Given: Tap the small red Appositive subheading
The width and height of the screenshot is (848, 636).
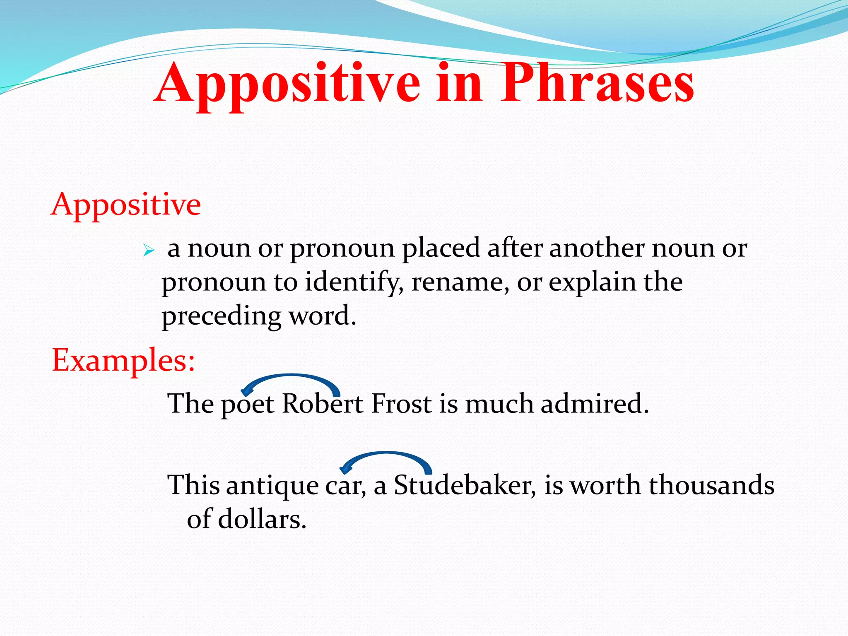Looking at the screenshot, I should coord(126,205).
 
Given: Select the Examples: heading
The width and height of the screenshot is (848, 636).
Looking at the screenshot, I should coord(123,360).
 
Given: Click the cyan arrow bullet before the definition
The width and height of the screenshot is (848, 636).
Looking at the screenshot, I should coord(148,251).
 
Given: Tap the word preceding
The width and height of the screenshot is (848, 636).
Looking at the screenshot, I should coord(221,317).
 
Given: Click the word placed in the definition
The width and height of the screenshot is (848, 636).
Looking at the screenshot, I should coord(441,249).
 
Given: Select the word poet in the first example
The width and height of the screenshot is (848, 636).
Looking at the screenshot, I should coord(247,404).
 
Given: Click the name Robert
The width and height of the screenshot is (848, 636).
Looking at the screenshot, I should coord(323,403).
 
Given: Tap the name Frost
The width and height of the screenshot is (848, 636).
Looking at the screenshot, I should coord(401,403).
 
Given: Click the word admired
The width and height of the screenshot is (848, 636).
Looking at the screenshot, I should coord(594,403).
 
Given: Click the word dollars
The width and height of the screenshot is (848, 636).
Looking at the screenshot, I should coord(262,519).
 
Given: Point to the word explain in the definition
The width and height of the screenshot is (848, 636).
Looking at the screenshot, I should coord(592,283).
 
